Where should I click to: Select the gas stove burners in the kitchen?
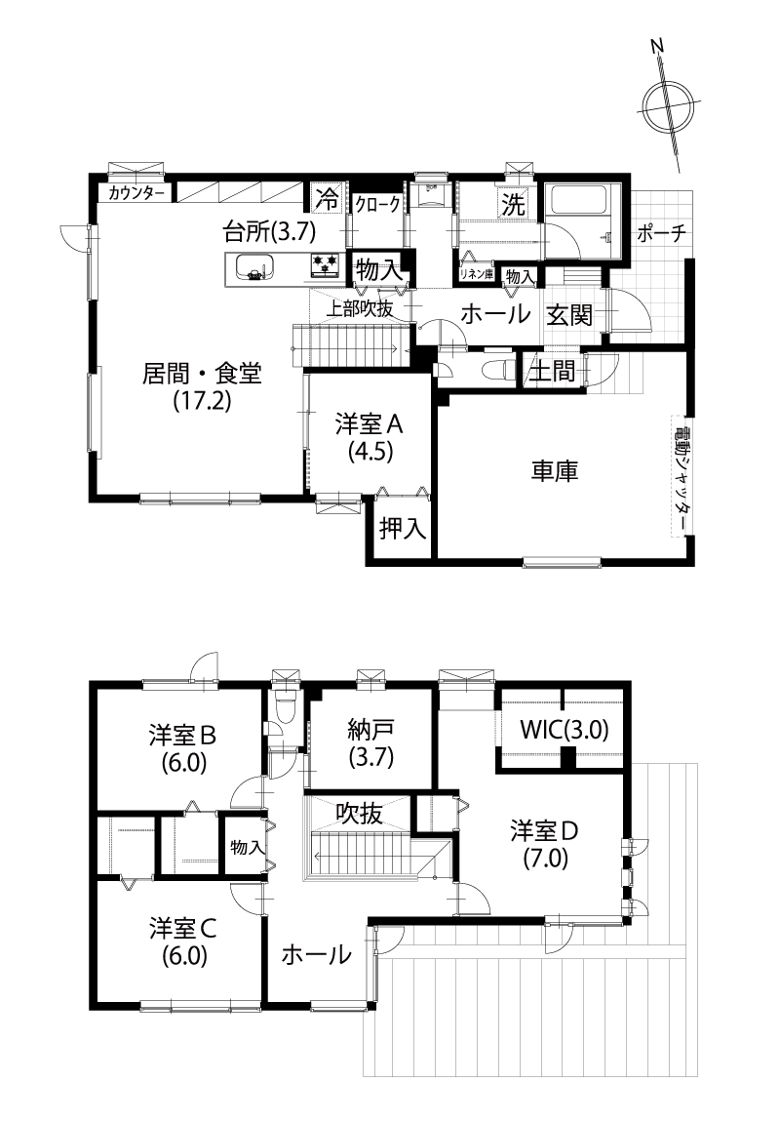tap(326, 265)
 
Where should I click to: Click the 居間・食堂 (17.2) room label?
tap(202, 386)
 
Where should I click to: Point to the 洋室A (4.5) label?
tap(370, 437)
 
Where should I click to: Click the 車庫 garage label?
tap(554, 471)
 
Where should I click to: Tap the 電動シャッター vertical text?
tap(682, 475)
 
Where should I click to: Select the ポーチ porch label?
tap(661, 233)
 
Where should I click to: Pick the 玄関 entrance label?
tap(569, 314)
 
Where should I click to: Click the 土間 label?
tap(552, 371)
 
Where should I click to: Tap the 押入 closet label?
tap(404, 528)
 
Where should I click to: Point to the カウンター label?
tap(136, 193)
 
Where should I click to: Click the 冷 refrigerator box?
tap(329, 199)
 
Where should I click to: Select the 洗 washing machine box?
tap(513, 204)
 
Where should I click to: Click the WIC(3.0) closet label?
tap(565, 729)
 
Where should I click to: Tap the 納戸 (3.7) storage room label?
tap(370, 742)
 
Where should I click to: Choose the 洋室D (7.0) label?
tap(544, 843)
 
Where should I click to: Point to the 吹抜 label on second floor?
tap(360, 813)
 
